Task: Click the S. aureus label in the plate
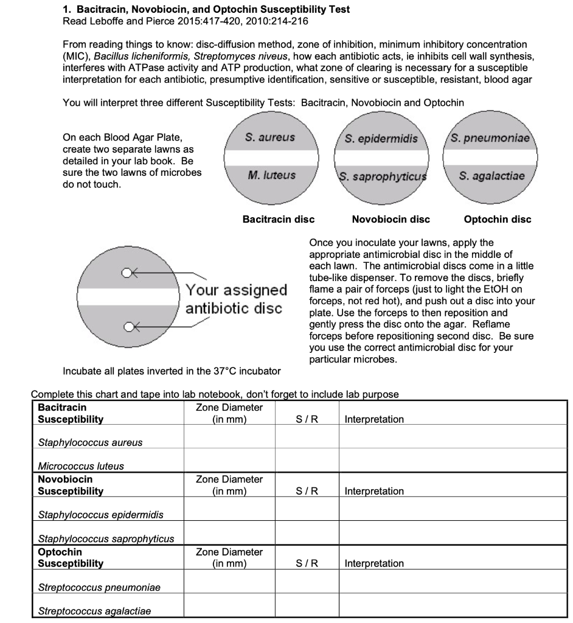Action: (270, 138)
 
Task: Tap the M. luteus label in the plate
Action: (271, 176)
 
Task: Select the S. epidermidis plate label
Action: (381, 139)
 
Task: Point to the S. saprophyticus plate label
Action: (381, 178)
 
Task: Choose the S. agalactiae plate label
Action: (491, 176)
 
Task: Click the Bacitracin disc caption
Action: (279, 219)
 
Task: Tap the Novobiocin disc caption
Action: (391, 219)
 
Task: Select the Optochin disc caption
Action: (497, 219)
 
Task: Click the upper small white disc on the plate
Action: (127, 273)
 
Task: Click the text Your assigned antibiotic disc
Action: (236, 299)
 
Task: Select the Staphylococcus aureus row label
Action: (90, 443)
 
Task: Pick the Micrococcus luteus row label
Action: (81, 466)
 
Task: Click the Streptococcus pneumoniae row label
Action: (99, 588)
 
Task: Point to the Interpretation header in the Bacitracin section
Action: (374, 419)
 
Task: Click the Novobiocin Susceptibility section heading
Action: (70, 485)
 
